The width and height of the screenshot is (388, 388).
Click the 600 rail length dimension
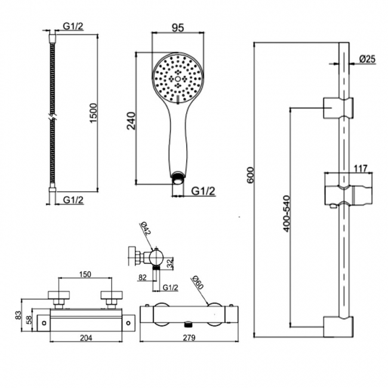tap(250, 175)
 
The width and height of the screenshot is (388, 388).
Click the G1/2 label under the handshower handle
tap(204, 191)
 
